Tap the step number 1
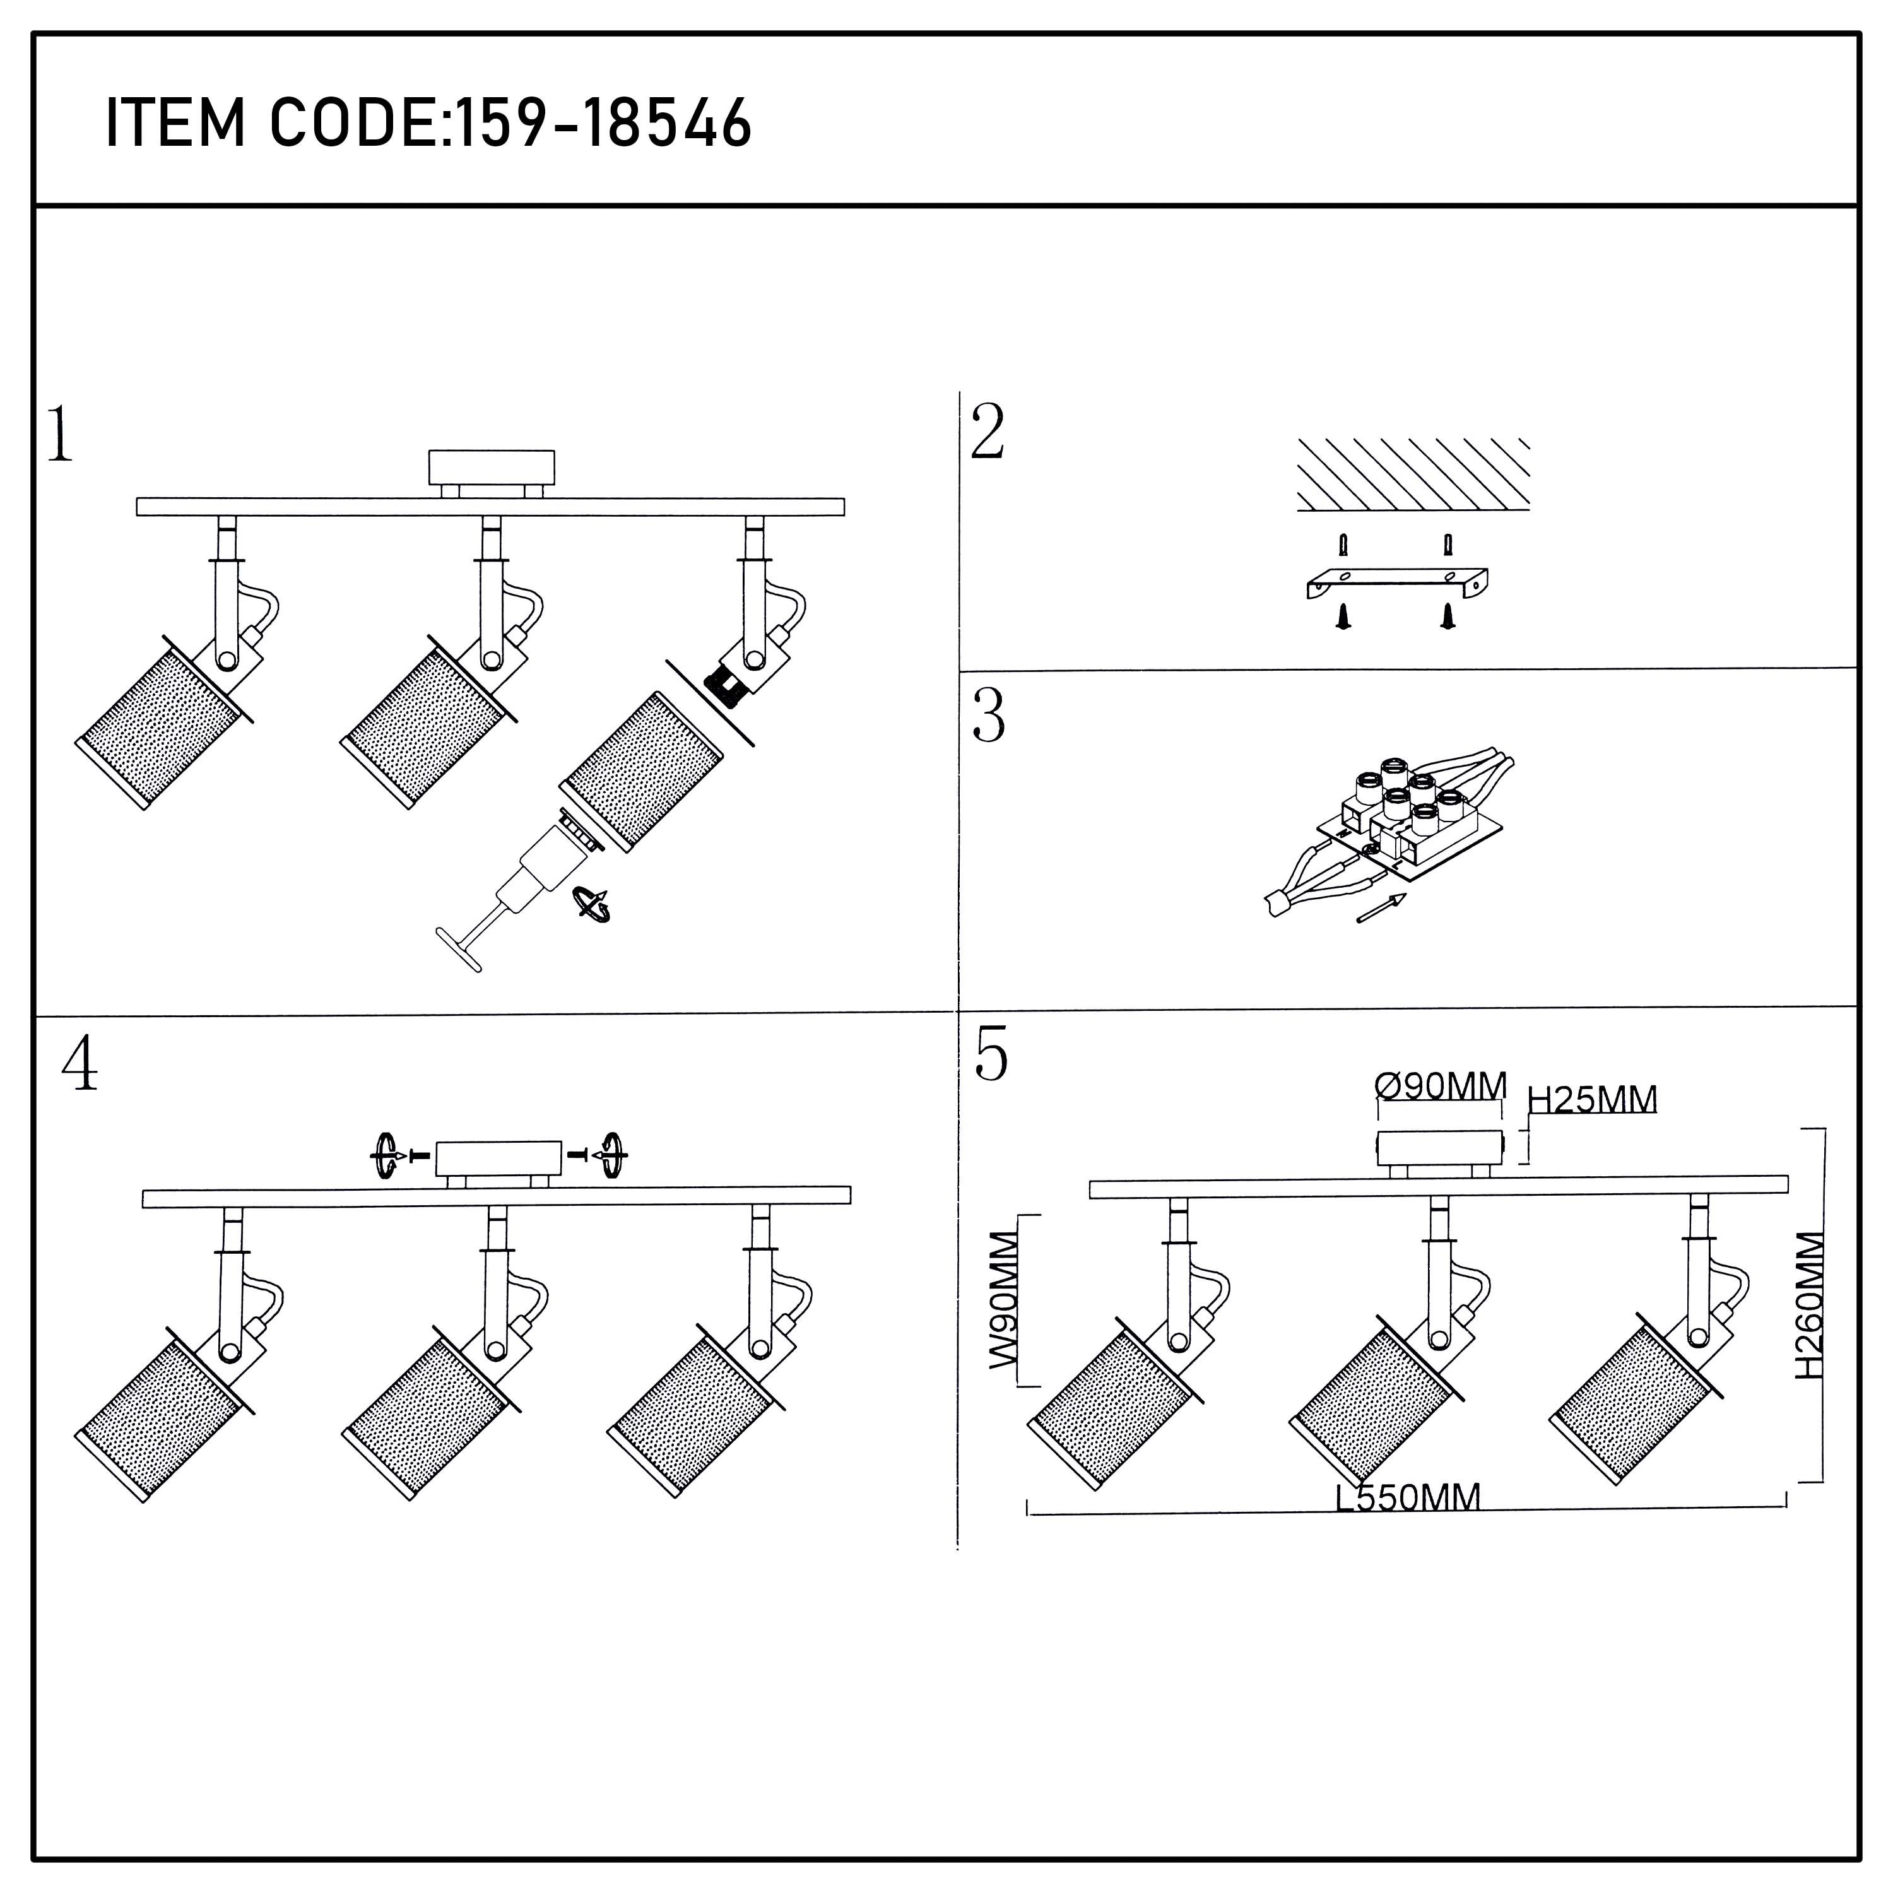click(61, 434)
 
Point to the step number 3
click(989, 716)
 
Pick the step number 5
click(991, 1055)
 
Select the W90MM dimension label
click(1005, 1300)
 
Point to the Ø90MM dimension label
click(1441, 1085)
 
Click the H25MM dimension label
click(1592, 1099)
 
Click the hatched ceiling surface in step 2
click(1413, 475)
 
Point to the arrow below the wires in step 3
click(1381, 908)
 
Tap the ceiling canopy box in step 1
click(491, 468)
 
